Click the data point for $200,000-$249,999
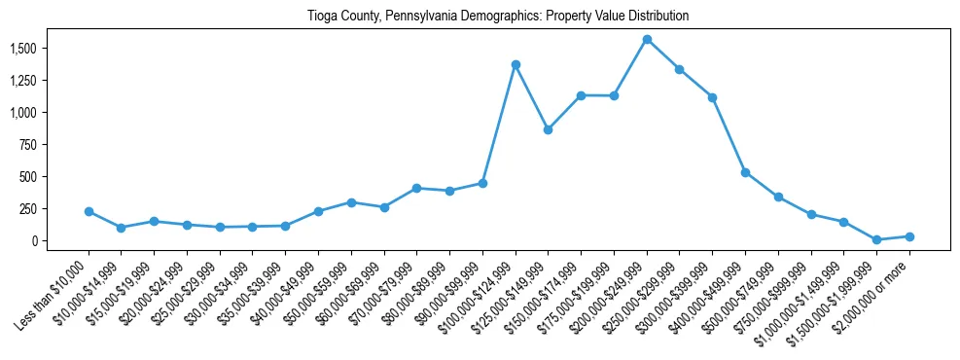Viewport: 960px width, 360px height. point(647,39)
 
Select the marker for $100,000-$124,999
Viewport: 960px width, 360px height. point(516,64)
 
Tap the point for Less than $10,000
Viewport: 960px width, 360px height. point(89,211)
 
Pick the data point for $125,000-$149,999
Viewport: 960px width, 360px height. point(549,129)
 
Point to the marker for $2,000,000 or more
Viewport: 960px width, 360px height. point(909,236)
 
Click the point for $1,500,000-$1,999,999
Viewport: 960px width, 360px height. point(876,239)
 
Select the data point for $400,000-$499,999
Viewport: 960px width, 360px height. point(745,172)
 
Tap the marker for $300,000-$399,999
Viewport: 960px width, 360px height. point(712,97)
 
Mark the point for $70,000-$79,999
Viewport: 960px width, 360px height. point(416,188)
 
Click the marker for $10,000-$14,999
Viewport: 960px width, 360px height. point(122,228)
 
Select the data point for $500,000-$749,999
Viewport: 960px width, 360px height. point(778,197)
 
